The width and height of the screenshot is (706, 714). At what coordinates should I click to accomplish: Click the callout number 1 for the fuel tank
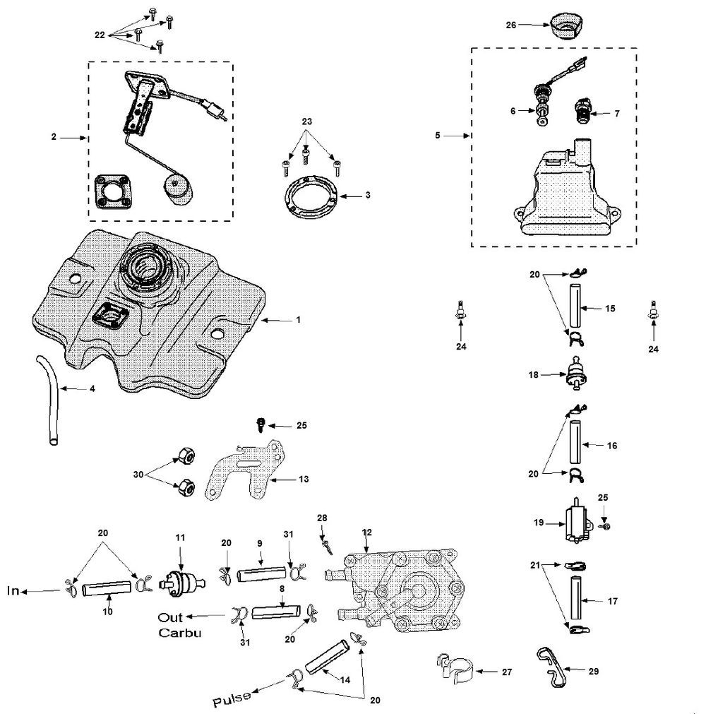coord(299,320)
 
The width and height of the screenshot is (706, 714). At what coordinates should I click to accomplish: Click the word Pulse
coord(232,700)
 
